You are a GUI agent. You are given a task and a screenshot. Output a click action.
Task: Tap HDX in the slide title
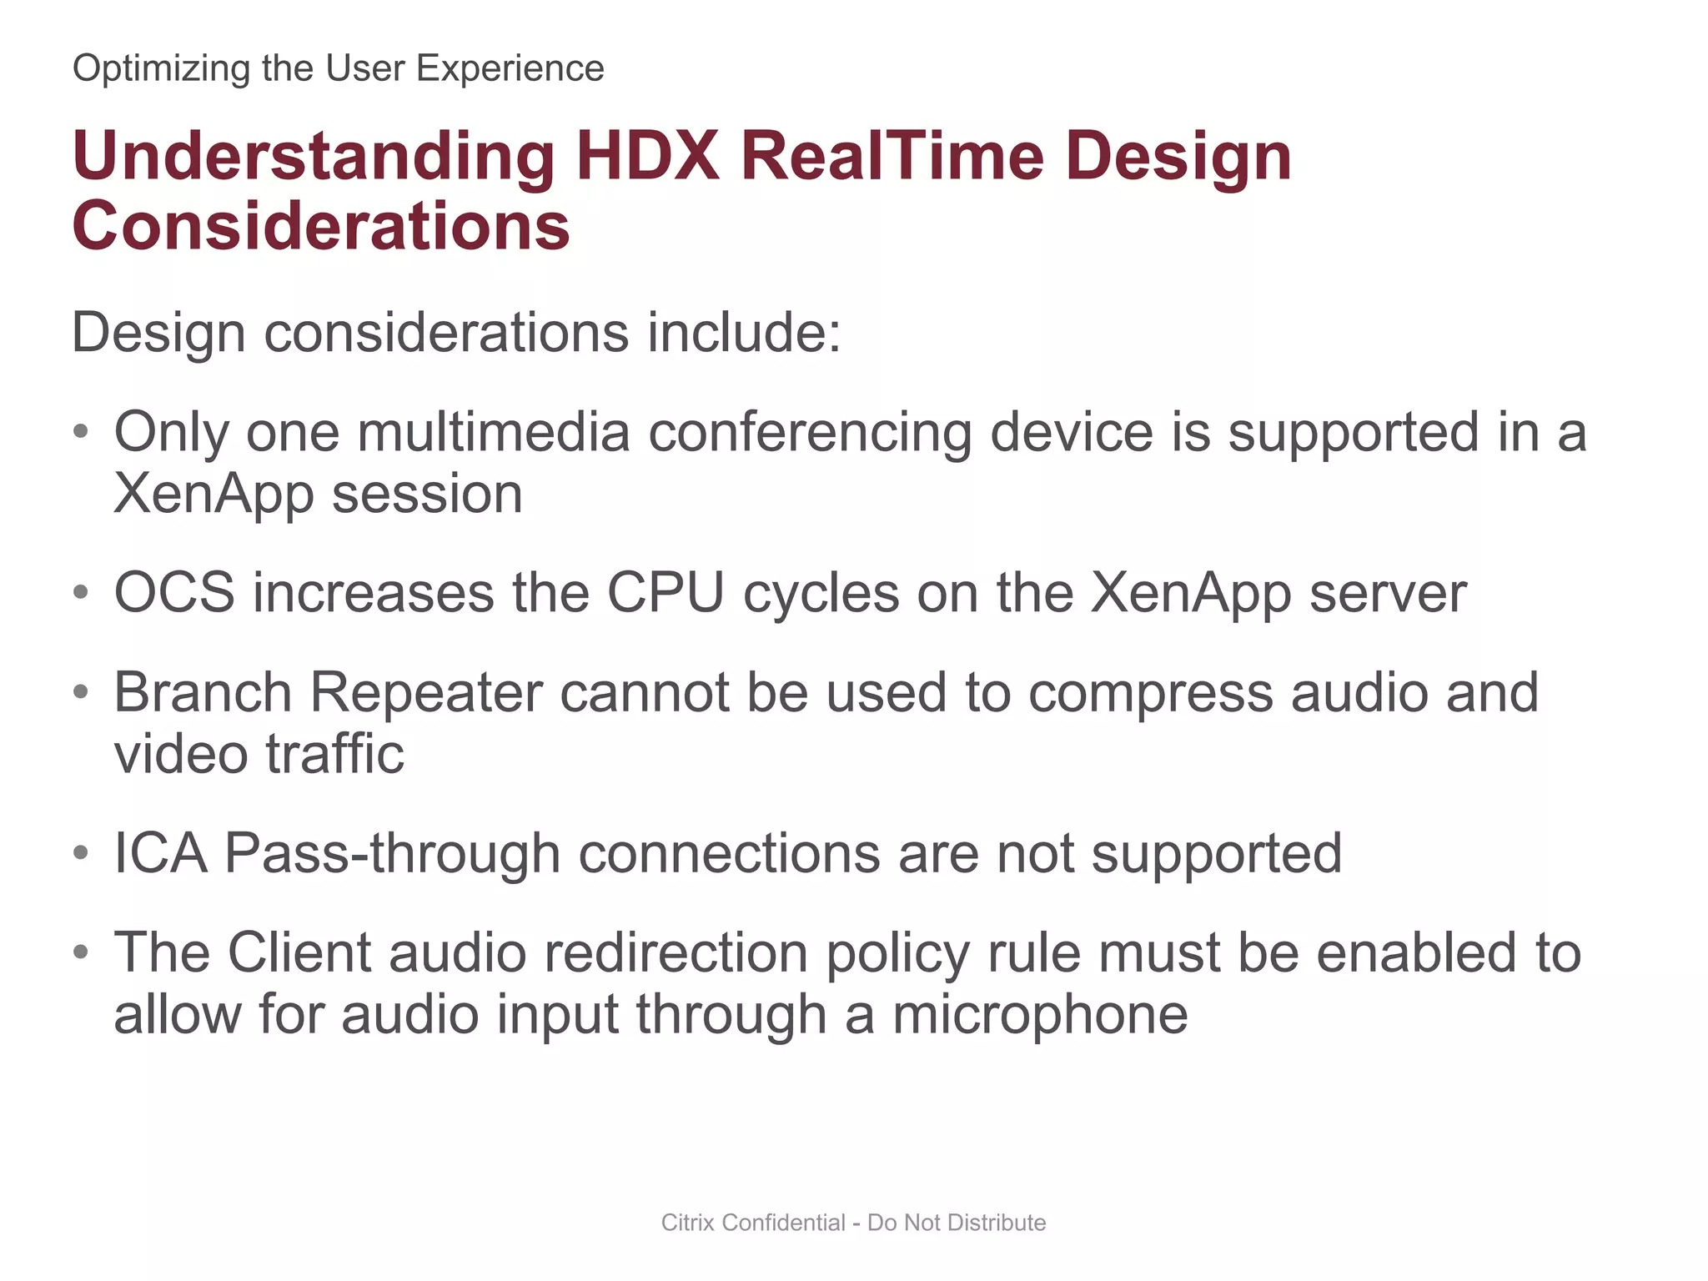coord(647,156)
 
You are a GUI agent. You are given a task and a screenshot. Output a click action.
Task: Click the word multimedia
coord(494,432)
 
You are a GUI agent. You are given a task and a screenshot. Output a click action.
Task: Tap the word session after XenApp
coord(427,494)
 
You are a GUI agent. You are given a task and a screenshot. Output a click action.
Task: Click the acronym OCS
coord(174,593)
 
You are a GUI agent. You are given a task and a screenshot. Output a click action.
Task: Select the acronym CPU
coord(666,593)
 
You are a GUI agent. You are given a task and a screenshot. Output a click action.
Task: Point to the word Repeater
coord(425,693)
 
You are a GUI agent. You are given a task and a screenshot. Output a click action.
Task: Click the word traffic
coord(335,754)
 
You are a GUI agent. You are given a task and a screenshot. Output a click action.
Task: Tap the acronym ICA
coord(160,853)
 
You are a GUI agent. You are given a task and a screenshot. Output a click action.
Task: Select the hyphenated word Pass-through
coord(392,854)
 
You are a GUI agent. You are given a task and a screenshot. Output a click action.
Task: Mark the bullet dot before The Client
coord(81,952)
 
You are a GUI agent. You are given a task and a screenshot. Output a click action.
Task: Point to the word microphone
coord(1040,1016)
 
